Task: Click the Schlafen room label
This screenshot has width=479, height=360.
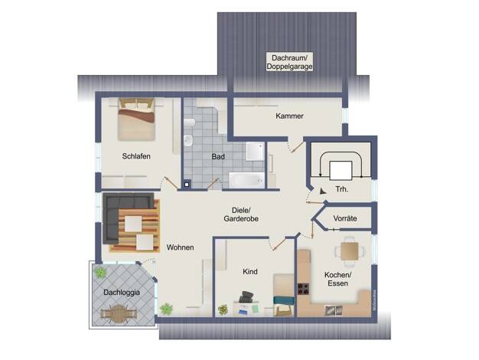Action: click(x=136, y=156)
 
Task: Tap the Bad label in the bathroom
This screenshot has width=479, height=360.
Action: click(x=218, y=156)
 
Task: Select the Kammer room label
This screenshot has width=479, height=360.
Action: click(x=289, y=116)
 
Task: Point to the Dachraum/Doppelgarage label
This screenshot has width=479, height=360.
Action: click(x=289, y=62)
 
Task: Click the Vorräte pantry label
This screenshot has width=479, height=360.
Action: click(x=345, y=218)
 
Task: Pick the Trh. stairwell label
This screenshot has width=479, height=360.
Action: click(x=342, y=189)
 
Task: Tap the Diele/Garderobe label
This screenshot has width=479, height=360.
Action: click(x=241, y=214)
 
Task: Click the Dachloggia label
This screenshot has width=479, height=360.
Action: click(x=122, y=293)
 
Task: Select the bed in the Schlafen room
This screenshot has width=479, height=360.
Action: click(x=136, y=119)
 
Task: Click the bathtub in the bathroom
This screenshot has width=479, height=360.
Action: click(x=247, y=180)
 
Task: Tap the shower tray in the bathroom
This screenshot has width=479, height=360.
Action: click(x=255, y=151)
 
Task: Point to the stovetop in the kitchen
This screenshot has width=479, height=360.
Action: click(x=303, y=289)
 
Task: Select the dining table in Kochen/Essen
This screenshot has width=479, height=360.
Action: click(x=350, y=251)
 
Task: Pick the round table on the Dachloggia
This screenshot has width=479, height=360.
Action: click(x=119, y=314)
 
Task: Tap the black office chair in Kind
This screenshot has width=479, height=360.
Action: click(x=246, y=297)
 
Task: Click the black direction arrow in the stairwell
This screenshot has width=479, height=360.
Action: click(x=323, y=191)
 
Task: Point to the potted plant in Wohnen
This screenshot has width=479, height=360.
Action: click(x=166, y=309)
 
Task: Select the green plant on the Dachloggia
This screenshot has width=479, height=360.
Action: click(x=100, y=272)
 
